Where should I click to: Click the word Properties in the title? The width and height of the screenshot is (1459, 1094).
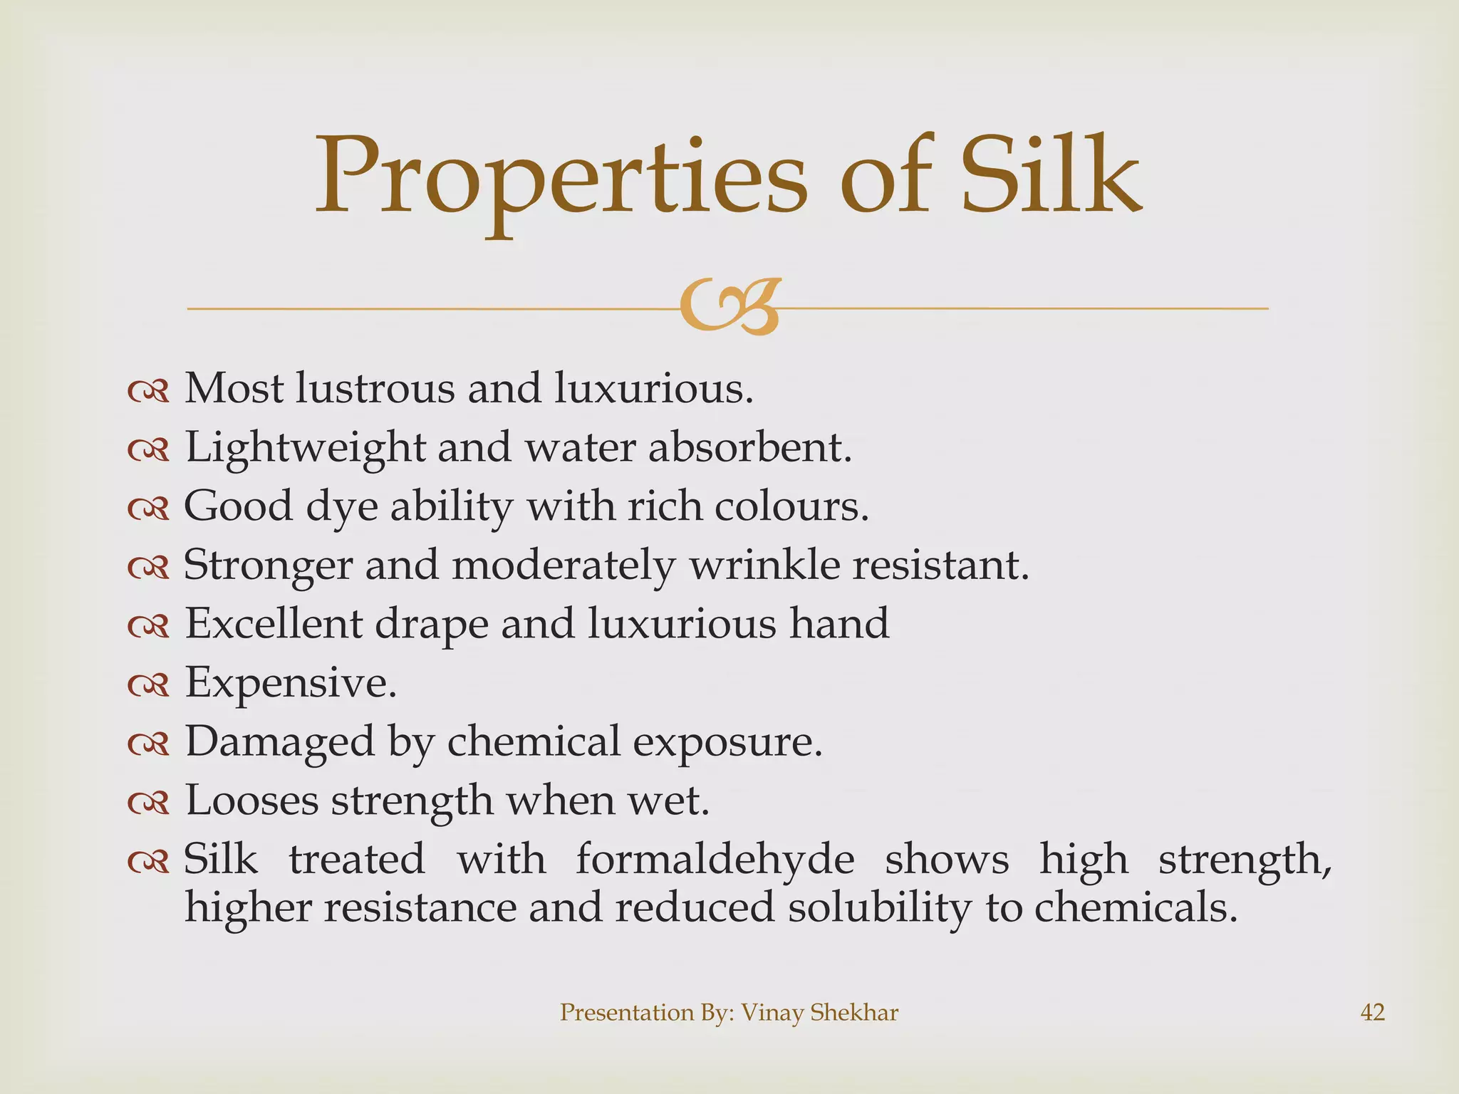click(x=561, y=178)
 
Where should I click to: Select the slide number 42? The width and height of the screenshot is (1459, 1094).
click(x=1372, y=1012)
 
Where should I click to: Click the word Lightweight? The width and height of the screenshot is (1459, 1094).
click(x=305, y=449)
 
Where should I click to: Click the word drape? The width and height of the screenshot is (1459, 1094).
click(x=432, y=625)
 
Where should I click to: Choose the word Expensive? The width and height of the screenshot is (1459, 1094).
click(x=291, y=683)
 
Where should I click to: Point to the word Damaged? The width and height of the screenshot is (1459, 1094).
click(x=279, y=741)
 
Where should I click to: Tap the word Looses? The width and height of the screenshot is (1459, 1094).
click(x=251, y=800)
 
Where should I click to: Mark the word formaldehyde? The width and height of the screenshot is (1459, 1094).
click(x=715, y=859)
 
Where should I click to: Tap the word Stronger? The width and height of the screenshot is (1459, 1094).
click(x=269, y=566)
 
